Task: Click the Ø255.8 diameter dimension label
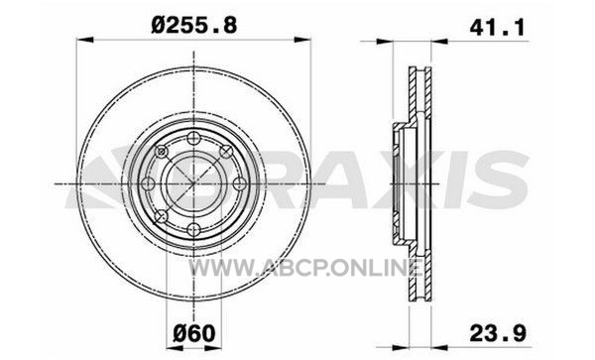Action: (194, 26)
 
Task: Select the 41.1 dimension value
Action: (497, 28)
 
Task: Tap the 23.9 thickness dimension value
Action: (498, 334)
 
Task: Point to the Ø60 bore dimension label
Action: (194, 334)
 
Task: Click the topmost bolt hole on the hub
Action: (194, 138)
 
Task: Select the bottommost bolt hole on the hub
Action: (194, 229)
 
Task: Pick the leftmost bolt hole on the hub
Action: (148, 184)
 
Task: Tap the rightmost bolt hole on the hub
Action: (240, 184)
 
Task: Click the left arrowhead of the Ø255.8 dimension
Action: (85, 40)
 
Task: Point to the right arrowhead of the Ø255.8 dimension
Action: (302, 40)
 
